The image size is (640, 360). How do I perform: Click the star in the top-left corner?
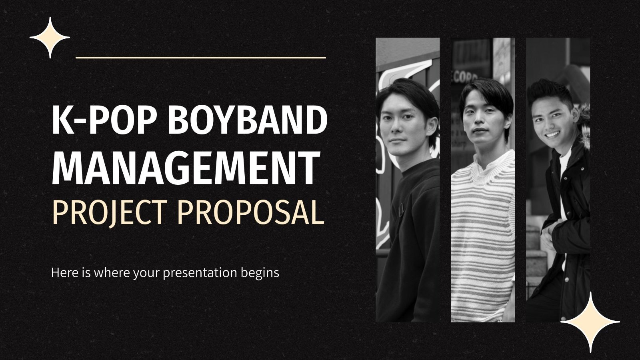(50, 38)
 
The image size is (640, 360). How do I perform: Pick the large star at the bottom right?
(590, 322)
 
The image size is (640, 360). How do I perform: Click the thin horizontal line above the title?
(200, 58)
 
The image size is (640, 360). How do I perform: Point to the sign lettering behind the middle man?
(466, 76)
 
